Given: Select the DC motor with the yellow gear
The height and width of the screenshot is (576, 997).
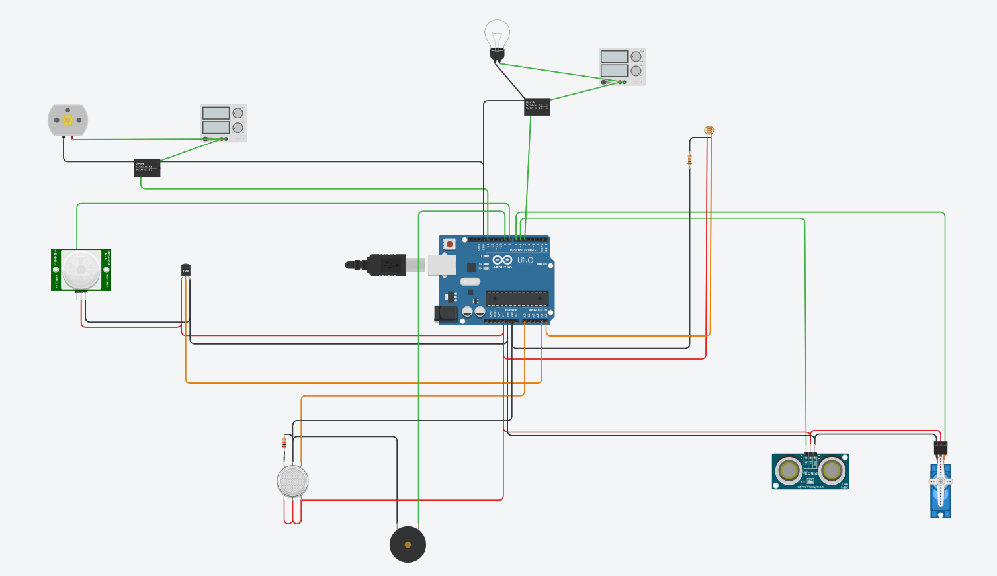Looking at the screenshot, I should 67,120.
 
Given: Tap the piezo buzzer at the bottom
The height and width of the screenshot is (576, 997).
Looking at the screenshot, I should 408,544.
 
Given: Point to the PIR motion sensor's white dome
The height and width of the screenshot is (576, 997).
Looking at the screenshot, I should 81,269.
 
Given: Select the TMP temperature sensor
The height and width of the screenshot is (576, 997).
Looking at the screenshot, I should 185,270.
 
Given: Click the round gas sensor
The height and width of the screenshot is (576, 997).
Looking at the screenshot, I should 292,481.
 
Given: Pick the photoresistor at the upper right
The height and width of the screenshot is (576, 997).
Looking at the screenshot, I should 709,131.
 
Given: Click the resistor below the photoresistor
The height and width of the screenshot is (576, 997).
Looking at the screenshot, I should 689,159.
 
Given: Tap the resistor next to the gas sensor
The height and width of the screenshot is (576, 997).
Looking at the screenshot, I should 284,442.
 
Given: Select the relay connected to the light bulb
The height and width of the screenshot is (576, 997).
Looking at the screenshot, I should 537,106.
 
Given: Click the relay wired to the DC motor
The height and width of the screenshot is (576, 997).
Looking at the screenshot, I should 147,168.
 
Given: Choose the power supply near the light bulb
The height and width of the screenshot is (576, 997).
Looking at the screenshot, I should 622,66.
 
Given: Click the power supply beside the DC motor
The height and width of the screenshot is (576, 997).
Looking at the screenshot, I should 224,123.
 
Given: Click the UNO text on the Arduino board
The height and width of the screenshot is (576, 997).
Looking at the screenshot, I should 525,260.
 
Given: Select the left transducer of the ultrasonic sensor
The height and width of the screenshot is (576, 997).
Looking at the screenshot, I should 789,470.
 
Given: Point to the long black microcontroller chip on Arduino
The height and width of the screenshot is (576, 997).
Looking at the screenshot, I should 517,298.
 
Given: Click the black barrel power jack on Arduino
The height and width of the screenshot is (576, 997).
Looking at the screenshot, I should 445,313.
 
